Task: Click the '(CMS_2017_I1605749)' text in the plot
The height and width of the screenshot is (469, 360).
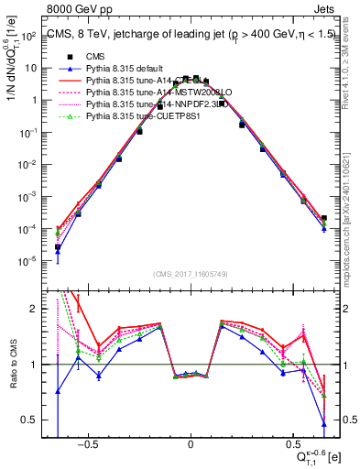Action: tap(190, 274)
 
